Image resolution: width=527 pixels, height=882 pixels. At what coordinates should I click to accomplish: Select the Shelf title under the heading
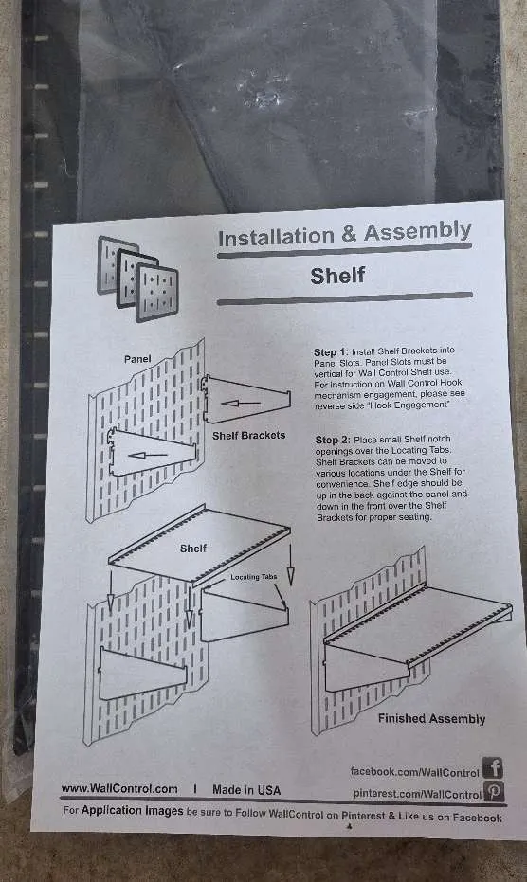coord(337,276)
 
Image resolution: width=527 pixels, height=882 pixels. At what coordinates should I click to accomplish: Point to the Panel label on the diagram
coord(137,359)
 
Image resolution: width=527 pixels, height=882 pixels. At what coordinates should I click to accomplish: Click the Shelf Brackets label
coord(249,436)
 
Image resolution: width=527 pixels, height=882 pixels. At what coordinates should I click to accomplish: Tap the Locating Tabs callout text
coord(254,577)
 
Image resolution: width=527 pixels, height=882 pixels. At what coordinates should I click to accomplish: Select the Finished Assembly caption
coord(431,718)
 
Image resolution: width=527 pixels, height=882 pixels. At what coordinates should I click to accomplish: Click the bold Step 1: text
coord(331,352)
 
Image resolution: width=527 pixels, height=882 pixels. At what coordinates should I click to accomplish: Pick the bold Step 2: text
coord(333,440)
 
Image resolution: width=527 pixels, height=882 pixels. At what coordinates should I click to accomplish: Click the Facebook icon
coord(493,767)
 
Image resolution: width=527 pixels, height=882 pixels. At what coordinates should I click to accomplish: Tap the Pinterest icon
coord(494,791)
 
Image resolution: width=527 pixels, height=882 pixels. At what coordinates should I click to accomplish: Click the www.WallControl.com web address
coord(119,789)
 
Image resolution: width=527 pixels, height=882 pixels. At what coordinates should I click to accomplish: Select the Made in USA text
coord(246,790)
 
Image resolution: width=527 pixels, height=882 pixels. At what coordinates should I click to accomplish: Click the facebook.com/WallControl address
coord(414,772)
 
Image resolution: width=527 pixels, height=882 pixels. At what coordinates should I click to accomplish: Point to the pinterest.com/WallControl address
coord(417,794)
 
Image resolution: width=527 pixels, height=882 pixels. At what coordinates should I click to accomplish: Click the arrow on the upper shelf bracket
coord(241,404)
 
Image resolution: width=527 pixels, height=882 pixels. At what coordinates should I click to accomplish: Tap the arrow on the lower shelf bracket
coord(148,455)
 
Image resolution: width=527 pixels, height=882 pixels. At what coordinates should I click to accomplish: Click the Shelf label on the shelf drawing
coord(193,549)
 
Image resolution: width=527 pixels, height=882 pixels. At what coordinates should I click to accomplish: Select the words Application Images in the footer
coord(133,811)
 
